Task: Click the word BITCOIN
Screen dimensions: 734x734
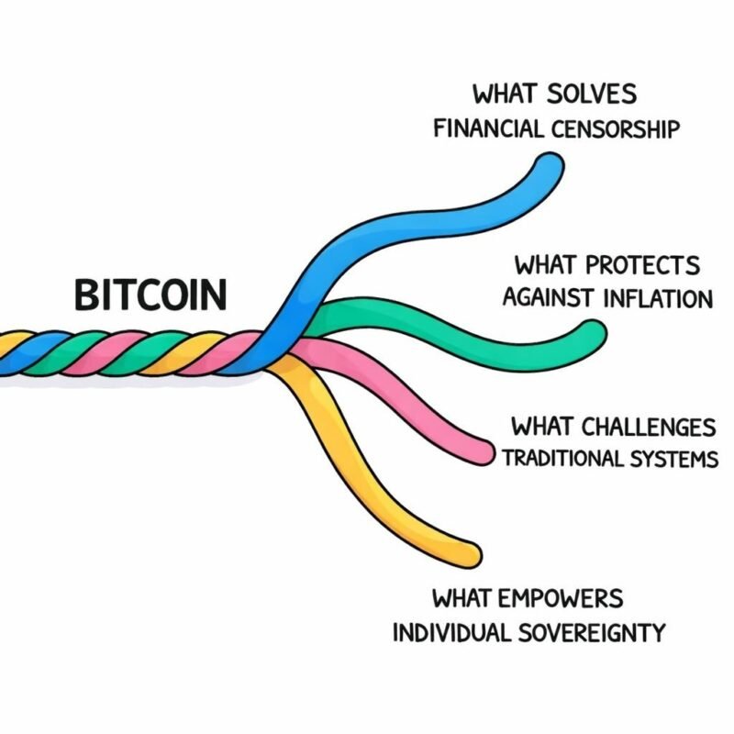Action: coord(150,295)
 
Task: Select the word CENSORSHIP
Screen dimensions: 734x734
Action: coord(617,128)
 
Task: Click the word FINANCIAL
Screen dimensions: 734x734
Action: coord(490,128)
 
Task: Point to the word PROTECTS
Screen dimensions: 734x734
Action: coord(642,266)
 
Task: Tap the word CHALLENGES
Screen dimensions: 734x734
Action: coord(652,427)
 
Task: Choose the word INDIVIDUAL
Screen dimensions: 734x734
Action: coord(447,633)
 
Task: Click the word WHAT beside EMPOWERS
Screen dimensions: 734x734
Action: coord(463,599)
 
